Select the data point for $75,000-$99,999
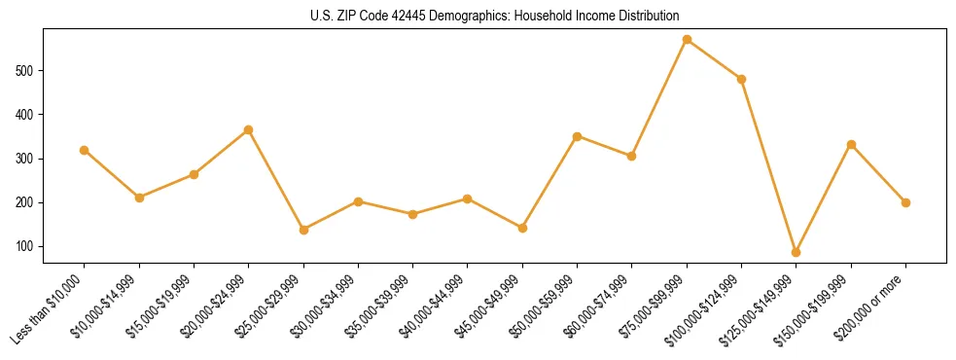687,40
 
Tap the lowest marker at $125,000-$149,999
797,252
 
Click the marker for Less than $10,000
85,150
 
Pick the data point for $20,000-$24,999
249,129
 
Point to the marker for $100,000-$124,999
741,79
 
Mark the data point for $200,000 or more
905,202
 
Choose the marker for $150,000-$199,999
851,144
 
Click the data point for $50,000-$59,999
577,136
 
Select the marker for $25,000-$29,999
303,230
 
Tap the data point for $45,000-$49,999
522,228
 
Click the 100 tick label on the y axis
29,246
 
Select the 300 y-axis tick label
29,159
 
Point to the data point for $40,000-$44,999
468,198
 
